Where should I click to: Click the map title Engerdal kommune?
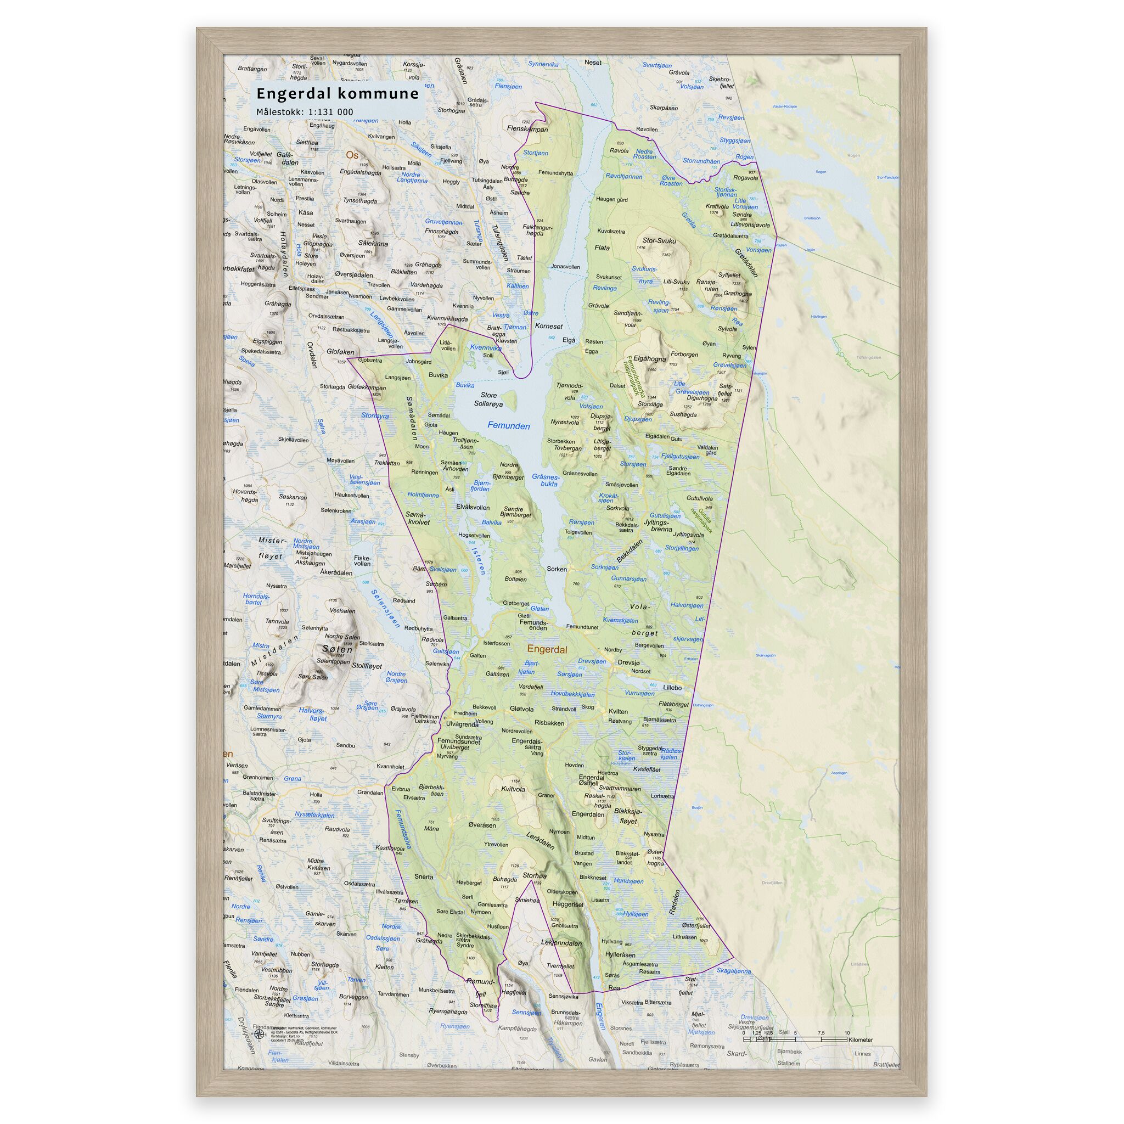tap(338, 94)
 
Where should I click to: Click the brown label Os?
tap(352, 155)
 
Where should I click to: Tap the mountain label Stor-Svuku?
tap(659, 240)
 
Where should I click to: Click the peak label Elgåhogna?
tap(649, 359)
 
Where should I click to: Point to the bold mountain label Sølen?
tap(338, 649)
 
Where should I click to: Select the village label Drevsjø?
tap(628, 662)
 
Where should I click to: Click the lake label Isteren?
tap(477, 561)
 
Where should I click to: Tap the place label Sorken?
tap(557, 569)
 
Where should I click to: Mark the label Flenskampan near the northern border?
tap(527, 129)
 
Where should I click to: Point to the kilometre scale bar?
tap(795, 1037)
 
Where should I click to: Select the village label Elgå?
tap(569, 340)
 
